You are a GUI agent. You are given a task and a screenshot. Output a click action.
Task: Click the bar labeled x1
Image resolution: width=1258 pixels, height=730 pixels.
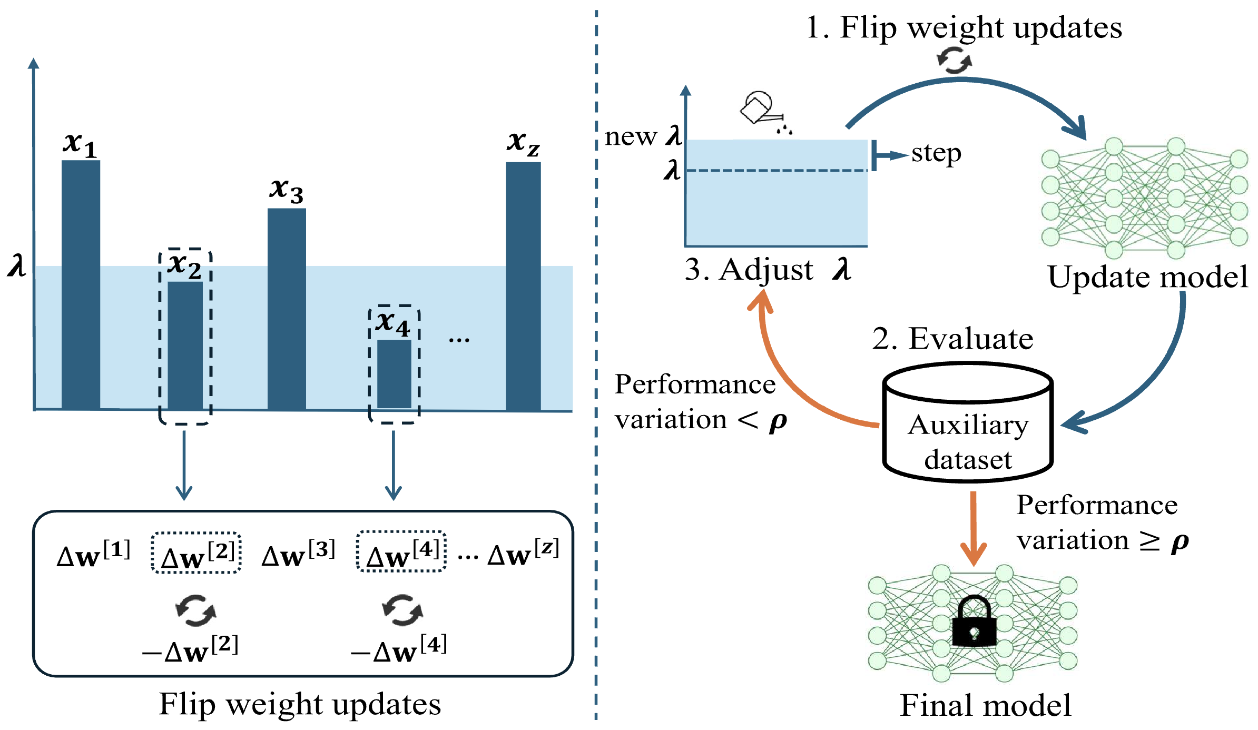(81, 284)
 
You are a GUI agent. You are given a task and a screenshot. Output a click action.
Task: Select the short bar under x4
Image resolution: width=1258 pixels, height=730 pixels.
(394, 374)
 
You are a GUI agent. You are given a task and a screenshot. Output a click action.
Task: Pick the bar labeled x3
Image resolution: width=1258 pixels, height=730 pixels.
(287, 309)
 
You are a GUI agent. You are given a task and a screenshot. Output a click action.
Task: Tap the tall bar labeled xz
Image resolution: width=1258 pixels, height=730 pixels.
(523, 286)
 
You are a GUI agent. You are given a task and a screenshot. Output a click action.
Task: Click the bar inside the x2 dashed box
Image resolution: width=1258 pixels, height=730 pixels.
(185, 346)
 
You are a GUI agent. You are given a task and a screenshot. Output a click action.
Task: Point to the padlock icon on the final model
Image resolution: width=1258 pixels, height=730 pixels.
(974, 622)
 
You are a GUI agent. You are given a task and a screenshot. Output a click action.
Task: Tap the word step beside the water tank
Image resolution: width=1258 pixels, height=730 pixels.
(936, 153)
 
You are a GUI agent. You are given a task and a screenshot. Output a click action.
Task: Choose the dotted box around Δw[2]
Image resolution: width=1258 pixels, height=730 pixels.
(196, 553)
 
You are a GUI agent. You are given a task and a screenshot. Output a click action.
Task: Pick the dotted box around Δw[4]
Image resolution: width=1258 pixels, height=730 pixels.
(401, 551)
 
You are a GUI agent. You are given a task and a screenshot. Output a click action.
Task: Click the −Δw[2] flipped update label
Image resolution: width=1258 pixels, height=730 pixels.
(191, 649)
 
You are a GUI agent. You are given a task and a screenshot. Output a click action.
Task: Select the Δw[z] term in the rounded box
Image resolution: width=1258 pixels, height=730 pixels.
(523, 553)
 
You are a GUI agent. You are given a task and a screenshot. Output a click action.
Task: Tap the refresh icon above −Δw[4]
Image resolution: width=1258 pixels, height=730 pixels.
(402, 610)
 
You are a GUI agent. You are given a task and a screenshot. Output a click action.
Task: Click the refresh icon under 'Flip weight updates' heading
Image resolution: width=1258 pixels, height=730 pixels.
(955, 60)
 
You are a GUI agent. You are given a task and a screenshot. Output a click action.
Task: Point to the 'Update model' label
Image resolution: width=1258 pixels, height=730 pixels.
(1147, 277)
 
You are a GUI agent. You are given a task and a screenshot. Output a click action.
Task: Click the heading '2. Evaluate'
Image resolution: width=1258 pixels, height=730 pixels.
(952, 338)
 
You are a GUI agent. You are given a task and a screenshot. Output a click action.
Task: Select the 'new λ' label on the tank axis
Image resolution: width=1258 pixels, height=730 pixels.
(643, 136)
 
